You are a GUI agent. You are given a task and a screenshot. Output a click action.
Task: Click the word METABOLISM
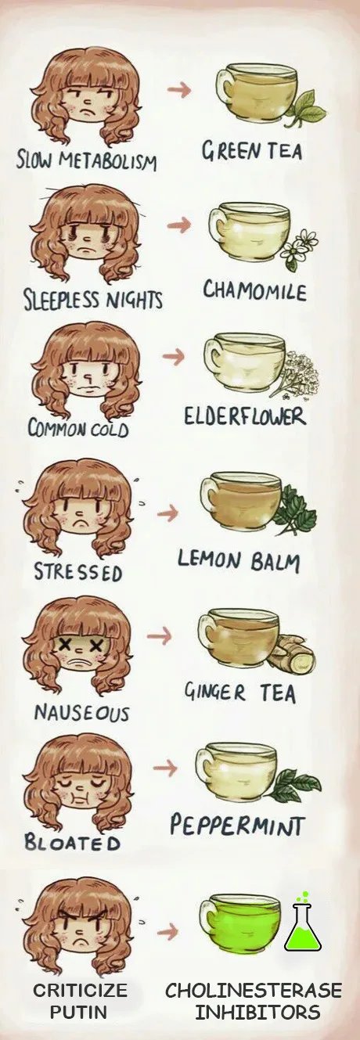click(108, 161)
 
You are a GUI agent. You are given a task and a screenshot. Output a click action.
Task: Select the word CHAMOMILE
click(254, 292)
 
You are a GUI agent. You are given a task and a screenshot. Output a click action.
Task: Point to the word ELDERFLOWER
click(245, 416)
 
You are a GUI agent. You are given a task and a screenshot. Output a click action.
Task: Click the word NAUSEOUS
click(81, 712)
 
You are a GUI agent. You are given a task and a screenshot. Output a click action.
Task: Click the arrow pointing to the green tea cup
click(179, 90)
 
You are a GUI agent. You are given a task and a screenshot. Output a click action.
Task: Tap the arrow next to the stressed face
click(167, 513)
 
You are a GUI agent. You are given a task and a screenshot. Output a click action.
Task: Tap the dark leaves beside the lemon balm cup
click(295, 511)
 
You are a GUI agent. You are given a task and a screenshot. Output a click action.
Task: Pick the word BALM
click(275, 561)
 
